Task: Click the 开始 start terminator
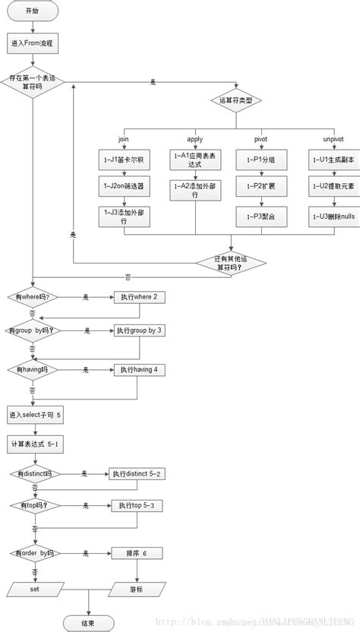point(33,12)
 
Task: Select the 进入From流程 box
point(33,43)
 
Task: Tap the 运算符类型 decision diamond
point(240,100)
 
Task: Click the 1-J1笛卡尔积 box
point(124,161)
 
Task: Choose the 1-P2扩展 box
point(261,185)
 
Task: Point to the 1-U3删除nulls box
point(331,216)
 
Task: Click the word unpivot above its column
point(331,139)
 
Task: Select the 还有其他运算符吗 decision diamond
point(232,263)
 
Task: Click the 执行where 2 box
point(139,297)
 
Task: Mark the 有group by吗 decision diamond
point(33,331)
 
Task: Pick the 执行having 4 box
point(139,370)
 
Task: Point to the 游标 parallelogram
point(134,588)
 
